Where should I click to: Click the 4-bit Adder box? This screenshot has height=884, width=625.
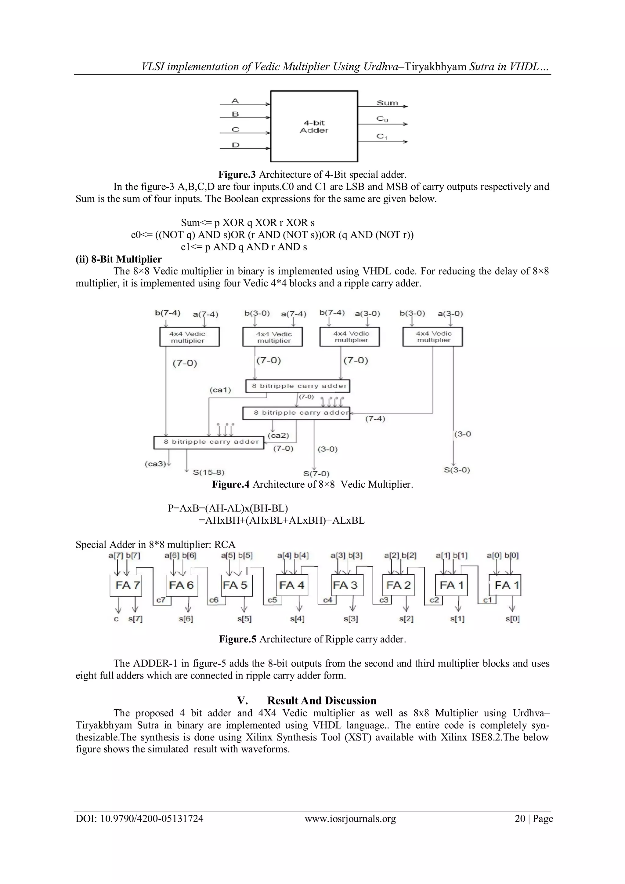pyautogui.click(x=314, y=126)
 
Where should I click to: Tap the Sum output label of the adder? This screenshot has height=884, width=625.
pyautogui.click(x=387, y=103)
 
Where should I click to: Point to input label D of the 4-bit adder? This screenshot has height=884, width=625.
pyautogui.click(x=236, y=145)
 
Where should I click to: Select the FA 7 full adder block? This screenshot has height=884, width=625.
pyautogui.click(x=125, y=585)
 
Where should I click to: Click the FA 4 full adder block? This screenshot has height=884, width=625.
pyautogui.click(x=292, y=585)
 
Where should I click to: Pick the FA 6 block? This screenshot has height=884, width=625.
pyautogui.click(x=182, y=585)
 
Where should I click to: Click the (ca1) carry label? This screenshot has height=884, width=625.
pyautogui.click(x=220, y=390)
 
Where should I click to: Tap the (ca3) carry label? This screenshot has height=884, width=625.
pyautogui.click(x=155, y=464)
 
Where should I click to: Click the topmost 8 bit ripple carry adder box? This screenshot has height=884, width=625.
pyautogui.click(x=298, y=386)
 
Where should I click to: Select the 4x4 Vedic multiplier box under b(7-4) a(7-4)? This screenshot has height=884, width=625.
pyautogui.click(x=189, y=337)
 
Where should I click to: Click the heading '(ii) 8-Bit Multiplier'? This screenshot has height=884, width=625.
pyautogui.click(x=118, y=259)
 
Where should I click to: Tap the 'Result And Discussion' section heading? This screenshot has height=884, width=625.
pyautogui.click(x=322, y=700)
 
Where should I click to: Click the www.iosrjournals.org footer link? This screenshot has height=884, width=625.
pyautogui.click(x=350, y=819)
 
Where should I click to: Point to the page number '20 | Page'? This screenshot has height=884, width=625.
pyautogui.click(x=533, y=819)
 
